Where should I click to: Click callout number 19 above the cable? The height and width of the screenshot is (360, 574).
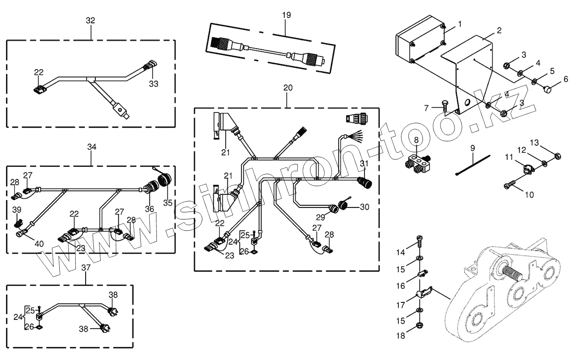tap(286, 15)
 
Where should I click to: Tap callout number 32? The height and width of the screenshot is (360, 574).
tap(90, 20)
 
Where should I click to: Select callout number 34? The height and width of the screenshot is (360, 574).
tap(91, 147)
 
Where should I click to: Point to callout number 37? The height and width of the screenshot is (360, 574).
tap(86, 268)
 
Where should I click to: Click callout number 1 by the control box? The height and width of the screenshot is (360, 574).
tap(459, 24)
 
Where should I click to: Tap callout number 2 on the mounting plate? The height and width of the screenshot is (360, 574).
tap(499, 31)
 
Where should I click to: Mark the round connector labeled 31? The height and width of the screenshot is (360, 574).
tap(364, 182)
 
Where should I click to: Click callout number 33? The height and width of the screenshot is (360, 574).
tap(154, 84)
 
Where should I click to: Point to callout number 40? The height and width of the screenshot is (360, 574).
tap(39, 244)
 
